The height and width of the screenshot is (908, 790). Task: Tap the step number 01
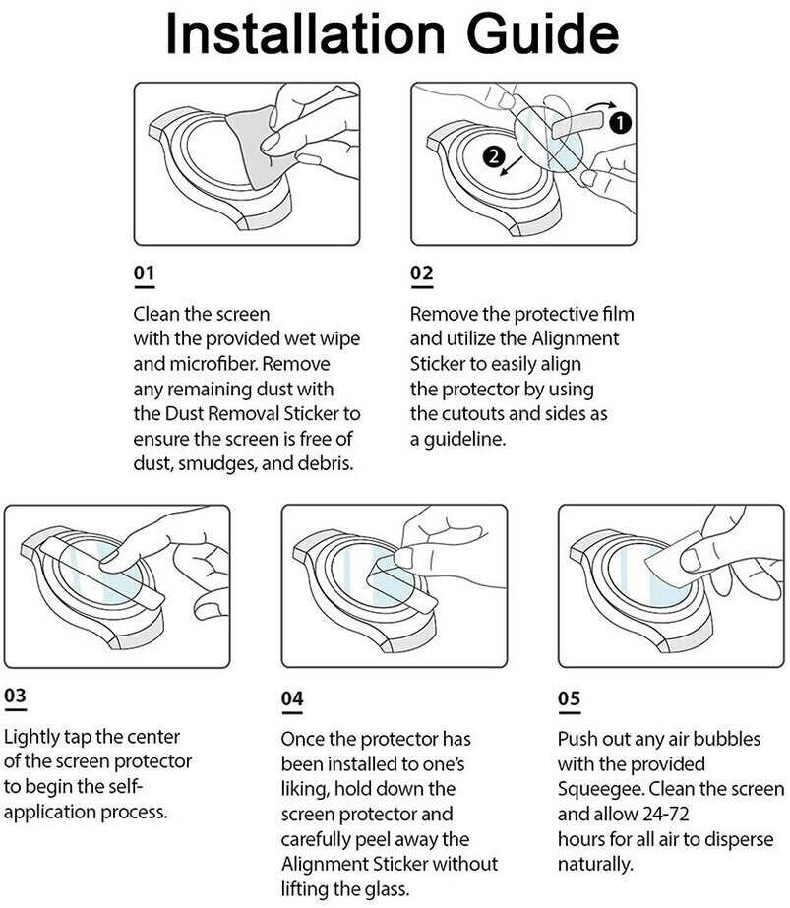(x=144, y=272)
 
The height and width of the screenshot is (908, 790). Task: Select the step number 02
(x=421, y=272)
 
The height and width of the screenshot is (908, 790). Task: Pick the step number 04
(x=292, y=697)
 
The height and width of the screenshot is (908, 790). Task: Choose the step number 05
(x=569, y=697)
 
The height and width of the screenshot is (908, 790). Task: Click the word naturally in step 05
(x=595, y=866)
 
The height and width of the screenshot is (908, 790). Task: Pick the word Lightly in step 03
(x=34, y=737)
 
